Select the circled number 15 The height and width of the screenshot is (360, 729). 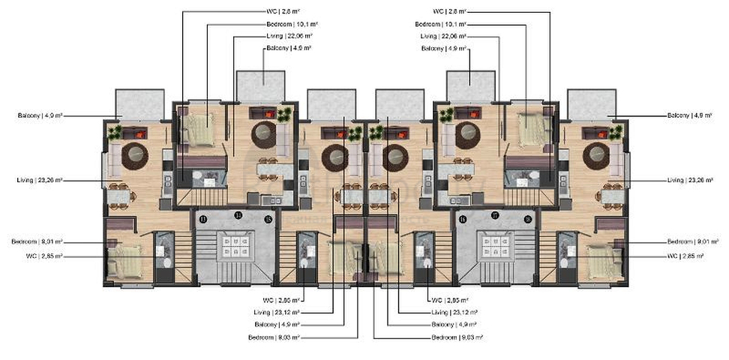coord(268,218)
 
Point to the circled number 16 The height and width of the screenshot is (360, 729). coord(462,218)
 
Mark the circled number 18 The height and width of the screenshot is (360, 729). coord(528,218)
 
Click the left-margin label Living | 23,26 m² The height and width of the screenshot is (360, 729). coord(40,180)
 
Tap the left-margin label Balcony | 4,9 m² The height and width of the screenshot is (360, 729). coord(40,115)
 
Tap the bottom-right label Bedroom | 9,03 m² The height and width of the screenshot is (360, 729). coord(457,337)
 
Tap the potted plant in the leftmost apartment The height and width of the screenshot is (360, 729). coord(114,132)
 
